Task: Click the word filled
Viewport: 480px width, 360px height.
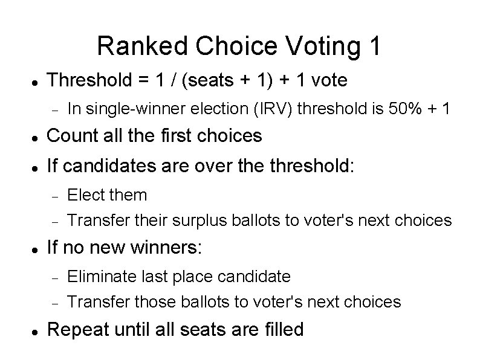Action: tap(283, 330)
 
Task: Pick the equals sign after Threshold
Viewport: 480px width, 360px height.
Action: tap(138, 81)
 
